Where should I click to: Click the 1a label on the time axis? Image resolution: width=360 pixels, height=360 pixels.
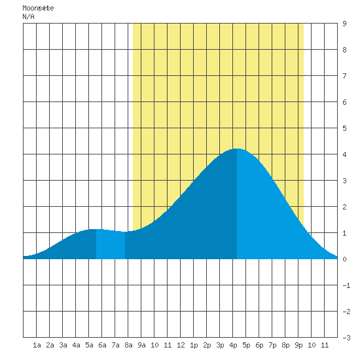point(37,345)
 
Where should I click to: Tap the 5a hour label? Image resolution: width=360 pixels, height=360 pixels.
point(89,345)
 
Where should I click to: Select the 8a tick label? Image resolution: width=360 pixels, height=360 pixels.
point(128,345)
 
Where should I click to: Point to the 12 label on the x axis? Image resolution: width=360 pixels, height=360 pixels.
point(181,345)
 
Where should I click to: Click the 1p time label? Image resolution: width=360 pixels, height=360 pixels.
point(194,345)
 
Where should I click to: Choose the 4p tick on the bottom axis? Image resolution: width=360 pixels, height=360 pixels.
point(233,345)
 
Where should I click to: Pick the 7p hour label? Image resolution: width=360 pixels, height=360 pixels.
point(272,345)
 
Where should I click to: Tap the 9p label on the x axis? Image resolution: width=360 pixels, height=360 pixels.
point(298,345)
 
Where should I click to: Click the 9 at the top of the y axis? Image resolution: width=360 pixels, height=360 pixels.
point(344,24)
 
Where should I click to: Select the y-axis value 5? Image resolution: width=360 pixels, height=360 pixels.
point(344,128)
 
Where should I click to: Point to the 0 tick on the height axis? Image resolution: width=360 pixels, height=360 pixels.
point(344,259)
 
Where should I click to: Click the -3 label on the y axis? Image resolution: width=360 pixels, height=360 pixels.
point(346,338)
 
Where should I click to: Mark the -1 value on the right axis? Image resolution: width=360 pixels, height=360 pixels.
point(346,285)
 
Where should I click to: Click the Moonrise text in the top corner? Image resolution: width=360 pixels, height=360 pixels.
point(38,8)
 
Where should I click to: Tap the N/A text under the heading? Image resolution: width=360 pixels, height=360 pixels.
point(28,16)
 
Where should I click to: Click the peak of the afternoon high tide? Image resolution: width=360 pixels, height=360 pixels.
point(237,149)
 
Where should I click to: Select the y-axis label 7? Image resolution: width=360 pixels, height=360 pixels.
point(344,76)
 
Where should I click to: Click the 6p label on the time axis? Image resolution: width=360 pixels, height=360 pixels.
point(259,345)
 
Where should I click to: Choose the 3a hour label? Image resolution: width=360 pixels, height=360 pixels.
point(63,345)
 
